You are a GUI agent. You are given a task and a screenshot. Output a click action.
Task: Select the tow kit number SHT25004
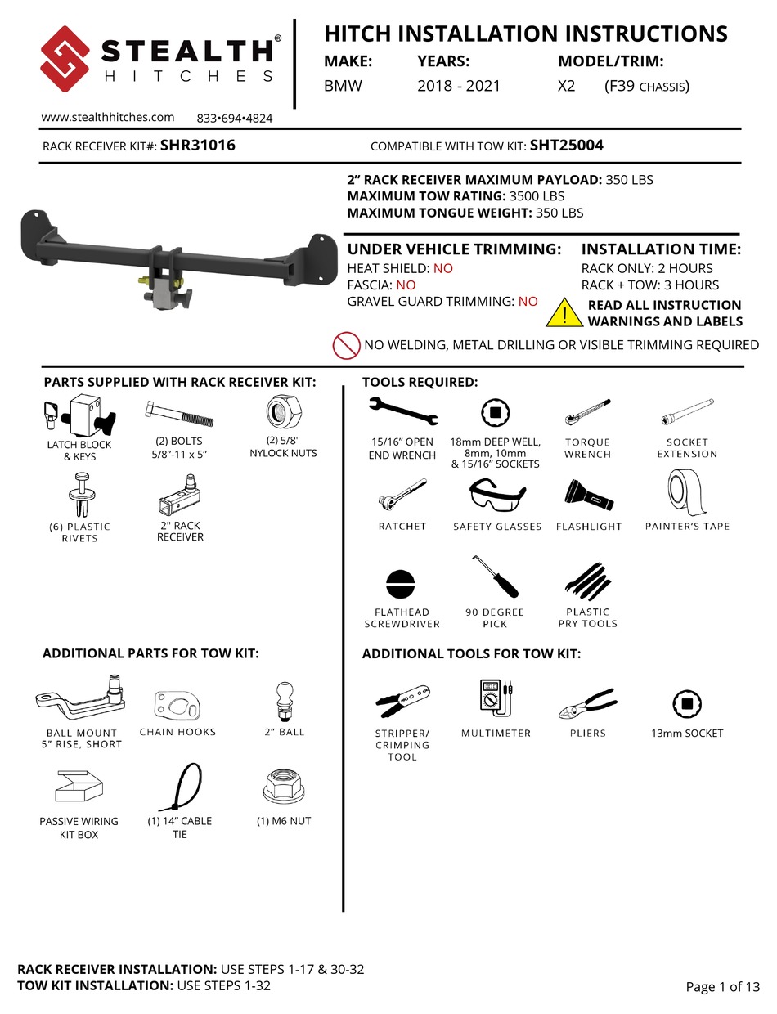(x=567, y=146)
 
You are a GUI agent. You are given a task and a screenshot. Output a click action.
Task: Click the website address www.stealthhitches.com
(x=108, y=117)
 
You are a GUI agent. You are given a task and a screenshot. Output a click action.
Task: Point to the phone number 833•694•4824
(x=235, y=118)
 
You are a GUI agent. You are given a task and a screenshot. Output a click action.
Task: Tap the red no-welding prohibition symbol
(x=347, y=346)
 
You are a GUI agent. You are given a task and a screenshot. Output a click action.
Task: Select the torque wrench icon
(x=586, y=413)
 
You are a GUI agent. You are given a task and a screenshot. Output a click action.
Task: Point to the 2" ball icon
(x=285, y=699)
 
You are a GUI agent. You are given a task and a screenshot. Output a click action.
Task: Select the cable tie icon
(x=179, y=786)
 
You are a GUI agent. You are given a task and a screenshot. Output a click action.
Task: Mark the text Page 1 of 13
(x=722, y=987)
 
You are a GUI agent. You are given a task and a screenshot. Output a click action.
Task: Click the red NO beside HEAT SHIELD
(x=442, y=268)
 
